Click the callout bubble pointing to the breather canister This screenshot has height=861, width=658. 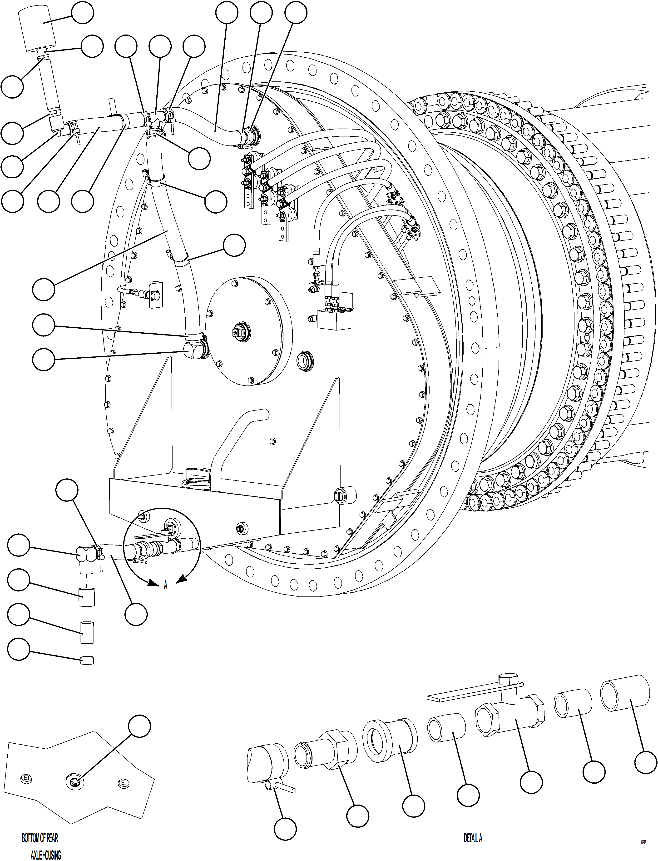point(83,13)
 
